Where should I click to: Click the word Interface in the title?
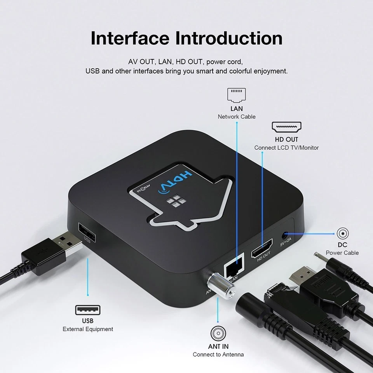tap(130, 38)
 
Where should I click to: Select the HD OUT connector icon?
tap(286, 127)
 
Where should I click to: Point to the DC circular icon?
tap(342, 234)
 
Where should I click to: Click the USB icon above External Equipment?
tap(87, 310)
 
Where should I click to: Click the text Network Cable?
tap(237, 117)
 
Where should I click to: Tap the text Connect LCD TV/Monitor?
tap(286, 148)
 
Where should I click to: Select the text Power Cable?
tap(342, 253)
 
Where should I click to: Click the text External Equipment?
tap(88, 329)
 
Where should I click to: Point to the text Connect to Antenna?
tap(218, 354)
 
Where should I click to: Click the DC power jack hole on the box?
tap(286, 234)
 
